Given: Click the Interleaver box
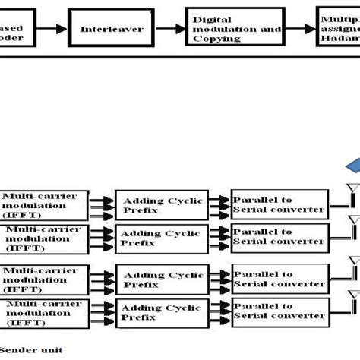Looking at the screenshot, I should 101,29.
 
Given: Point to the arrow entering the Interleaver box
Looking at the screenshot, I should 53,29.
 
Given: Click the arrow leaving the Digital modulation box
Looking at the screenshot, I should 299,29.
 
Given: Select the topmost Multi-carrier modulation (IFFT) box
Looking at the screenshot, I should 43,204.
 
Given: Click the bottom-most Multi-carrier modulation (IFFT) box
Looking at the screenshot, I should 43,314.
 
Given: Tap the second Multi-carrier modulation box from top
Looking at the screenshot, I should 43,238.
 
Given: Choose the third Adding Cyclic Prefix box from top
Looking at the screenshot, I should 161,280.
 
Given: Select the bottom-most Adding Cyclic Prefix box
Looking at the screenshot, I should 161,314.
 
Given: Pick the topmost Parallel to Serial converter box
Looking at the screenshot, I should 279,204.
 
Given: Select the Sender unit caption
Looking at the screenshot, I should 32,350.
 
